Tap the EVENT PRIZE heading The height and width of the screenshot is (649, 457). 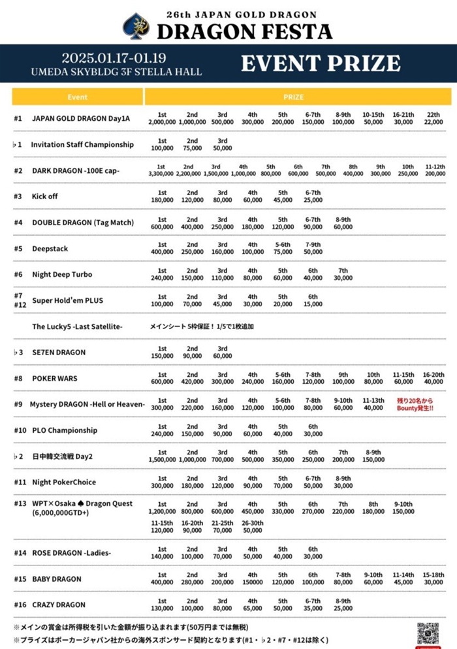click(321, 63)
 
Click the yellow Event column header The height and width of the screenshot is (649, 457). click(78, 97)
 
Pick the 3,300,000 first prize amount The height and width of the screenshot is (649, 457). click(161, 174)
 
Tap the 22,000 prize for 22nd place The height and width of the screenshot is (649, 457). click(433, 122)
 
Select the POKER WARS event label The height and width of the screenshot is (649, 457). click(54, 378)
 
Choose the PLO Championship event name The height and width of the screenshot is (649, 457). click(65, 430)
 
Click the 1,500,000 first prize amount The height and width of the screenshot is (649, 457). click(162, 460)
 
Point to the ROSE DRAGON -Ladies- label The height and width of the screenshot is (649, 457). click(72, 553)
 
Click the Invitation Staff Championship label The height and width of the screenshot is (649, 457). click(82, 144)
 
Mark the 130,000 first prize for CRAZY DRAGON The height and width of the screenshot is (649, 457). click(162, 608)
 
